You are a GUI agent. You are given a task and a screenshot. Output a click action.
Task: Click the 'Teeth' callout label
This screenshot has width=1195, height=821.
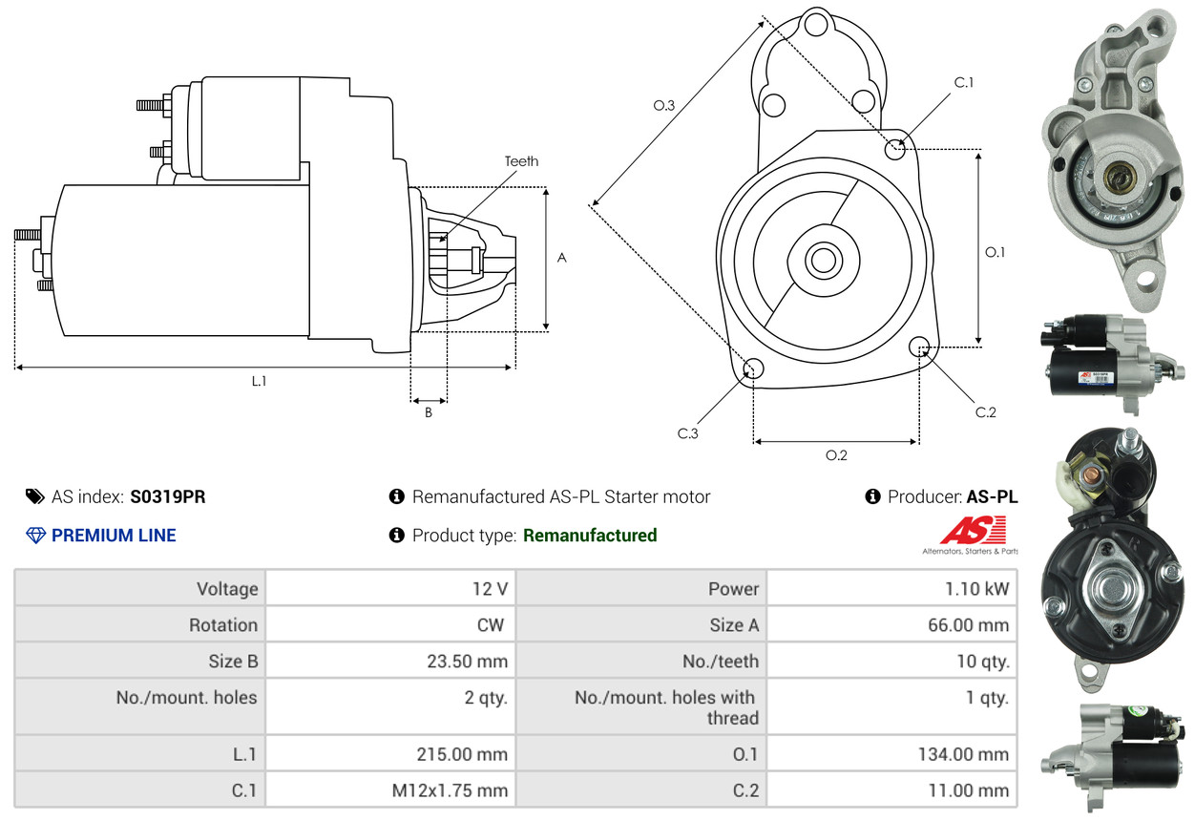click(521, 161)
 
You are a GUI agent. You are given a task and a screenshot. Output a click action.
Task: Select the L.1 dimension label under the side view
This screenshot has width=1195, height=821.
click(259, 381)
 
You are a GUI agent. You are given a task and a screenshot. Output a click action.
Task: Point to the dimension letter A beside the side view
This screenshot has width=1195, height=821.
click(562, 258)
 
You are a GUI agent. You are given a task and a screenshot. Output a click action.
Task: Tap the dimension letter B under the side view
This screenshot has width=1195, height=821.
click(429, 413)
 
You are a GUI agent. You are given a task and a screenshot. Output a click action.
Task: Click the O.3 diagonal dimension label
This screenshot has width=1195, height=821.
click(664, 106)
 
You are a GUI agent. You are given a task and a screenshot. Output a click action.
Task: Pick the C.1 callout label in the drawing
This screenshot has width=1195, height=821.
click(964, 82)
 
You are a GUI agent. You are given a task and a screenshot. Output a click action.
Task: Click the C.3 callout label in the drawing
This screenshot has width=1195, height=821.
click(688, 433)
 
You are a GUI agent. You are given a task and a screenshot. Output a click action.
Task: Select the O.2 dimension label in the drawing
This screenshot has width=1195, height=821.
click(836, 455)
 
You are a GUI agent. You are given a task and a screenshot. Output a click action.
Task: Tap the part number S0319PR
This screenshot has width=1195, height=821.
click(168, 496)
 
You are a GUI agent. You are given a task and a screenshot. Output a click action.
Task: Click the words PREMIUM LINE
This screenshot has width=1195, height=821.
click(114, 536)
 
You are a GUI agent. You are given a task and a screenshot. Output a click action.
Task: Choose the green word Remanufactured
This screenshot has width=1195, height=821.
click(590, 536)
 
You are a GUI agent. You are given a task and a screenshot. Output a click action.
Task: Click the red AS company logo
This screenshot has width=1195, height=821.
click(973, 531)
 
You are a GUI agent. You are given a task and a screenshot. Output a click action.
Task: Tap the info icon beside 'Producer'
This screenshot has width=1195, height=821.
click(872, 496)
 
